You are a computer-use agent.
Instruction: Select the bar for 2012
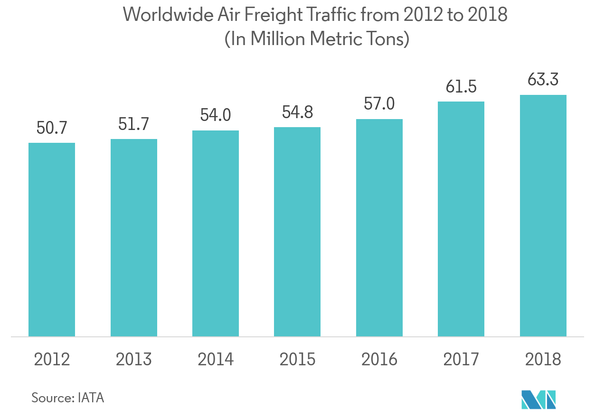(52, 240)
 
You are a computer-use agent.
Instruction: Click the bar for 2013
(134, 238)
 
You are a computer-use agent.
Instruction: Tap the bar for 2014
(216, 233)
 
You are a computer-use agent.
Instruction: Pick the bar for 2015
(297, 232)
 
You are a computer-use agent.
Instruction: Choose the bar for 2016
(379, 228)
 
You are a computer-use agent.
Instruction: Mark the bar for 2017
(461, 219)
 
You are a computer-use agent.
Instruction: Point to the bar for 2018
(543, 216)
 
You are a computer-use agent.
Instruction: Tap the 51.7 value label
(134, 125)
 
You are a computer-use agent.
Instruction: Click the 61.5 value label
(461, 87)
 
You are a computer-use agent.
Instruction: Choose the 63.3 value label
(543, 80)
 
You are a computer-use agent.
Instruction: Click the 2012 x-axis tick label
(52, 360)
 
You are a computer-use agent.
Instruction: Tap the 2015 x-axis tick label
(297, 360)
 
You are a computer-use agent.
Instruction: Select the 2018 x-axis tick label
(543, 360)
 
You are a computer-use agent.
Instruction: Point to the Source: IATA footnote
(67, 398)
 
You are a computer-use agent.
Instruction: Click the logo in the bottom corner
(538, 400)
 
